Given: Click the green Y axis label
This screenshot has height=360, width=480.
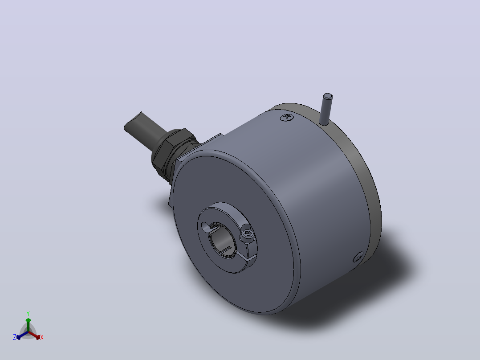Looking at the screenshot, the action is click(28, 313).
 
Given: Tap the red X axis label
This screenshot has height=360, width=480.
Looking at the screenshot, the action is click(42, 337).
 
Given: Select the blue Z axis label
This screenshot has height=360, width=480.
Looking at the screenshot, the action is click(15, 337).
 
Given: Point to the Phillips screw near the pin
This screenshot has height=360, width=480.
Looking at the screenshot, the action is click(287, 117).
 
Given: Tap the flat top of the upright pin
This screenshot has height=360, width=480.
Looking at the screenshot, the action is click(328, 97).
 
